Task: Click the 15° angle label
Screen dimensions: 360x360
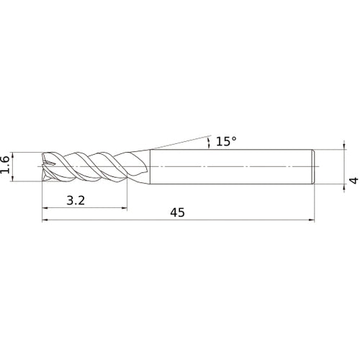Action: [226, 141]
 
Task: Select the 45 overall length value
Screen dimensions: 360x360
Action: [178, 212]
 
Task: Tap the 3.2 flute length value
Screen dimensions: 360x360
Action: [76, 200]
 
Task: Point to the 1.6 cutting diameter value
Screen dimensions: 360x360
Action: [5, 165]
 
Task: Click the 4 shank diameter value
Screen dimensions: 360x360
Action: [354, 180]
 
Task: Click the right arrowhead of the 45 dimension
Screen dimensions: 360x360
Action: [312, 220]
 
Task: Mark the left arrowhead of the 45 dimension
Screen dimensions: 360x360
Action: [45, 220]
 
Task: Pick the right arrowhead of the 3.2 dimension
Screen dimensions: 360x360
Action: [124, 208]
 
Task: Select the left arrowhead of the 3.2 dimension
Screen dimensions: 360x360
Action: [45, 208]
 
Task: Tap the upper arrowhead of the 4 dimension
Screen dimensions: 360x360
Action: [344, 147]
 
